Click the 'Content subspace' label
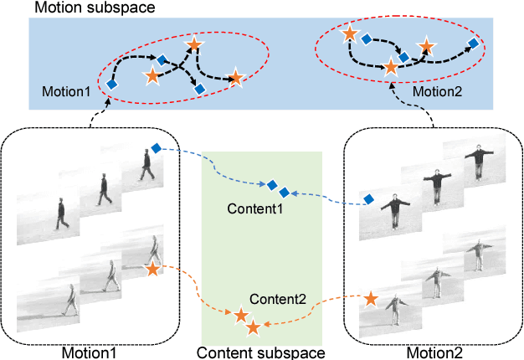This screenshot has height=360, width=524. (x=261, y=352)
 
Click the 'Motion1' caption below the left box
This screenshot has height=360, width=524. (x=89, y=352)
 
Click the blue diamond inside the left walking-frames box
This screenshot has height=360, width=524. (x=155, y=149)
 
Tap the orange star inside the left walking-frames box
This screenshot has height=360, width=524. (x=152, y=269)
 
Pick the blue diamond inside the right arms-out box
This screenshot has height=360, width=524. (x=367, y=198)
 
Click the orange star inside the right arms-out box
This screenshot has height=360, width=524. (x=371, y=297)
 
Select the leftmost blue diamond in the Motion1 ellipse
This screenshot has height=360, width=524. (x=111, y=84)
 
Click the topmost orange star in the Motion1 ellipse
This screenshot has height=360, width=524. (x=193, y=44)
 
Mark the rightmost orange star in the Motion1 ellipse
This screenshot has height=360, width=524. (x=235, y=79)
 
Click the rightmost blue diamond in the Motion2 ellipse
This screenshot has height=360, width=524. (x=473, y=43)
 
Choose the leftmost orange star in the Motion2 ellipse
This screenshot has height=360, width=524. (x=350, y=34)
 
